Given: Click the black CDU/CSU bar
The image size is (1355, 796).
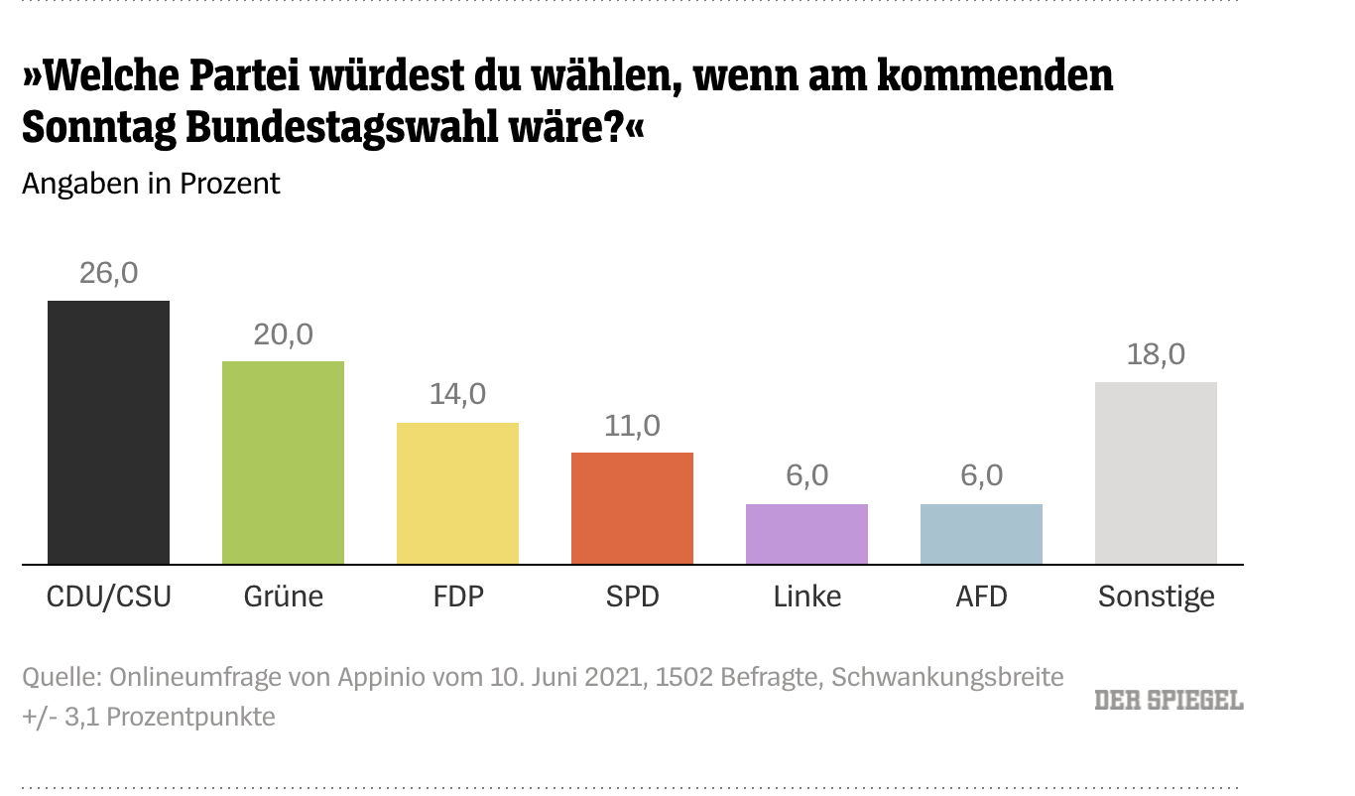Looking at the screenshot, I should tap(109, 432).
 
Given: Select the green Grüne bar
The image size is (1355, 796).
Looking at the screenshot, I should tap(283, 463).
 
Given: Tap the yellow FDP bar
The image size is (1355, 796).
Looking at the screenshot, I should tap(457, 493).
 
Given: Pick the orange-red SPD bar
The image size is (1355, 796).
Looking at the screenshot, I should tap(632, 508).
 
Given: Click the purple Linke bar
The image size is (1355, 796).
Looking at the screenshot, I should tap(806, 534).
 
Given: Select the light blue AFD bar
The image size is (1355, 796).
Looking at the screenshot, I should tap(981, 534).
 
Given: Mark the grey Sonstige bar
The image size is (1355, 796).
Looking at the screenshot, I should tap(1156, 472).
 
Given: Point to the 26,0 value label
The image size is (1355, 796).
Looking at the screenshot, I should tap(109, 273).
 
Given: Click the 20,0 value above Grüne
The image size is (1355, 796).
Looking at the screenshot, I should tap(283, 334).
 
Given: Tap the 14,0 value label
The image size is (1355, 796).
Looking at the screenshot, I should tap(457, 394).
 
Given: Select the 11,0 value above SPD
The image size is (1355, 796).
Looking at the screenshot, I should tap(632, 426).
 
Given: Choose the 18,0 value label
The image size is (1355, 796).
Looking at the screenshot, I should tap(1156, 354).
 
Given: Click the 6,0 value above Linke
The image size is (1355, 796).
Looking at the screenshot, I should tap(806, 476).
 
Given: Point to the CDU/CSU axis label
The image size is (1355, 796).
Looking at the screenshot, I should tap(109, 597).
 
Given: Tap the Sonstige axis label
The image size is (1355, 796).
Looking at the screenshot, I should tap(1156, 597).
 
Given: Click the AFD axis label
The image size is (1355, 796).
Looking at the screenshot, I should tap(981, 597).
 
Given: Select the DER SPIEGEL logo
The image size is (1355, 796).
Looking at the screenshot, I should tap(1169, 700).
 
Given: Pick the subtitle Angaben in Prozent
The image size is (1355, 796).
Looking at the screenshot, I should tap(152, 184).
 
